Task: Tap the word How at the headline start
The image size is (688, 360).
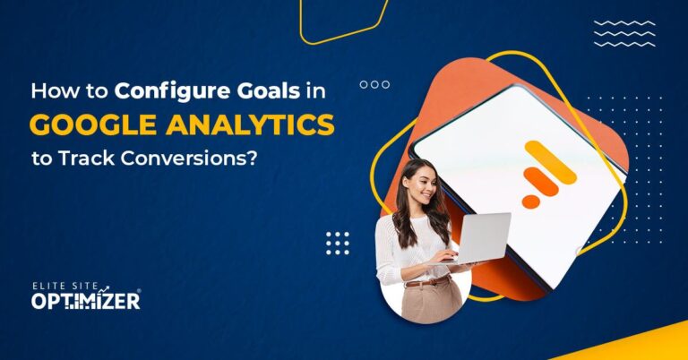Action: [x=51, y=91]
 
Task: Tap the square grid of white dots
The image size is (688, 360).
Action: [x=338, y=243]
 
